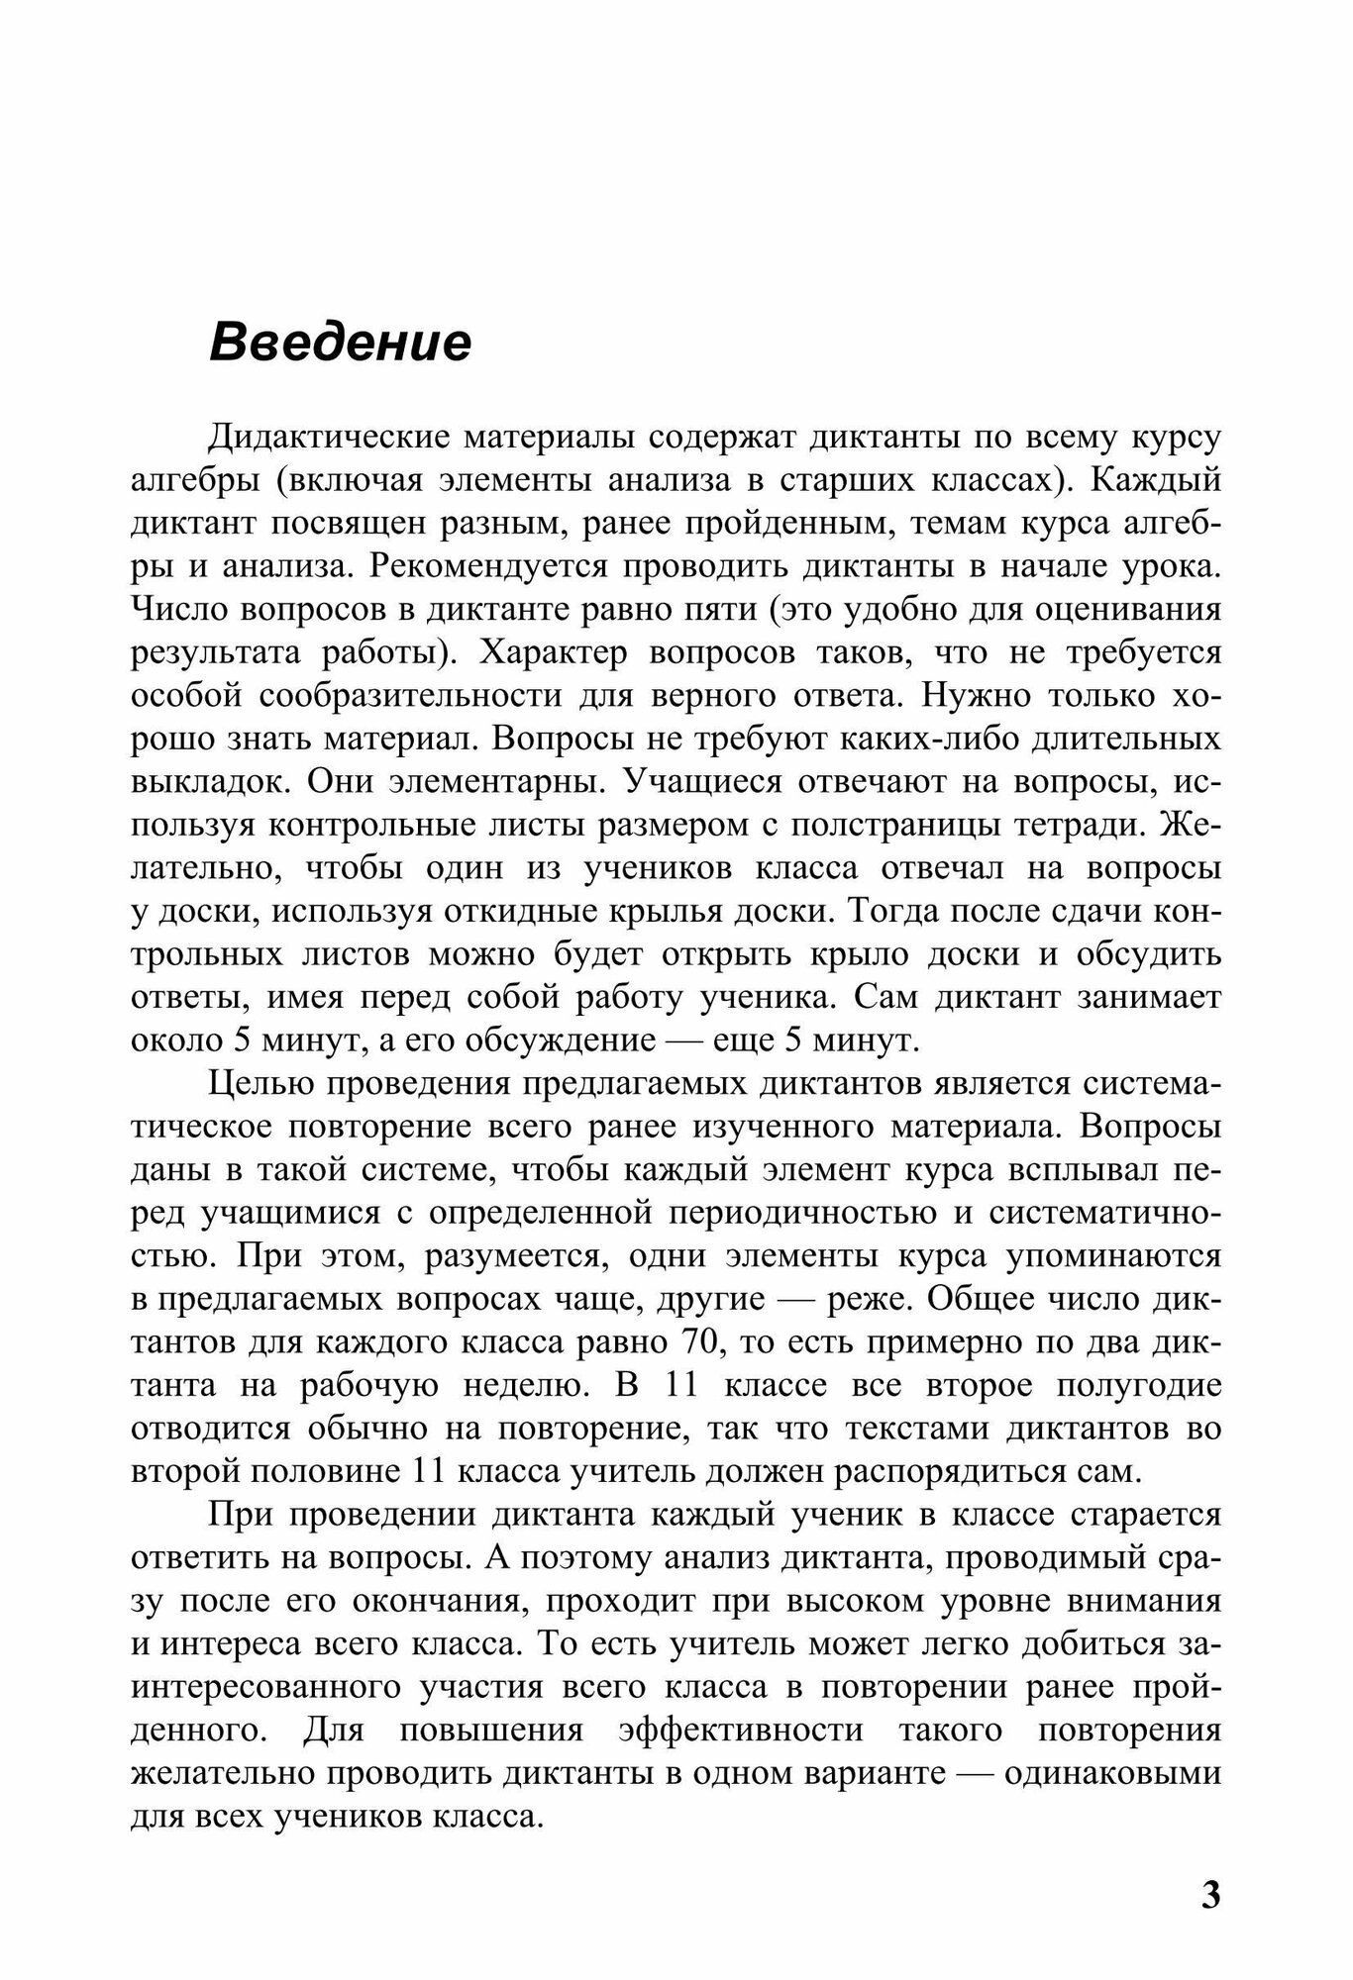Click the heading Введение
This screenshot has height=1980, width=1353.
(340, 344)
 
